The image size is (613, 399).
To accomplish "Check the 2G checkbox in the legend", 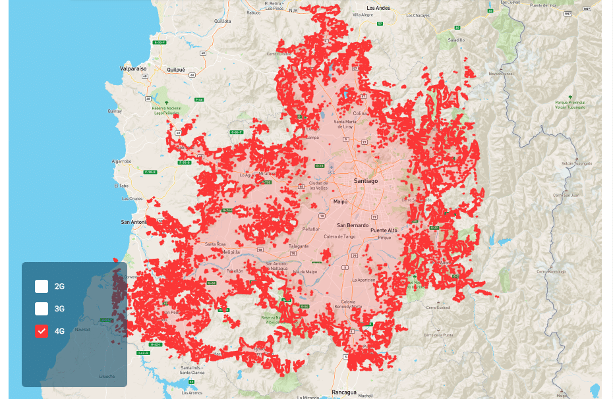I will tap(42, 286).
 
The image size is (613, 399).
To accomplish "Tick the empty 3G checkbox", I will tap(42, 308).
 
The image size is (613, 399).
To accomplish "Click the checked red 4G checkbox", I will tap(42, 331).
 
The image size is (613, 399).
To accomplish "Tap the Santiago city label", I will tap(365, 180).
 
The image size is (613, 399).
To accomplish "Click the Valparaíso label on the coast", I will tap(133, 68).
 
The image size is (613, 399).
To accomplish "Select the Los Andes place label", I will tap(378, 8).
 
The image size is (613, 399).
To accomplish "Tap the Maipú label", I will tap(340, 201).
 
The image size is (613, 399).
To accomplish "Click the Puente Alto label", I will tap(384, 230).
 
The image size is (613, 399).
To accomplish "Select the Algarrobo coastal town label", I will tap(123, 161).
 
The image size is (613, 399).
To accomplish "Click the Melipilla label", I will tap(231, 252).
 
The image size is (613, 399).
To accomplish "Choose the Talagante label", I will tap(298, 246).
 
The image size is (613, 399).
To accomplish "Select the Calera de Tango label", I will tap(339, 236).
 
